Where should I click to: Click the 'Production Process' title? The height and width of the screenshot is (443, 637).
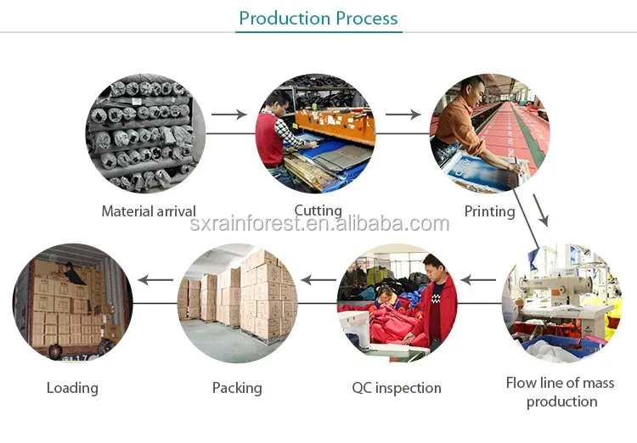[x=318, y=19]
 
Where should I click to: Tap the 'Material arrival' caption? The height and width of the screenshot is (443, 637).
[x=149, y=211]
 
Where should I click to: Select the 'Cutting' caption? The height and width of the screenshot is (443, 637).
[x=318, y=210]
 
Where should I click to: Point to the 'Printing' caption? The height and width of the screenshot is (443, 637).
[x=489, y=211]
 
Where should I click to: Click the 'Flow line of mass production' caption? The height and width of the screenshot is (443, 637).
[x=561, y=392]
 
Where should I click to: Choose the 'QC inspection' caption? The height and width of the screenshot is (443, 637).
[x=397, y=388]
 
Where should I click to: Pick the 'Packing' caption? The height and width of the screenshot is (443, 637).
[x=237, y=388]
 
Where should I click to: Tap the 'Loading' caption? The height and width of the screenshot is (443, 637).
[x=72, y=388]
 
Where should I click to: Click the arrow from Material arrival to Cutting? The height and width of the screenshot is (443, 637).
[x=229, y=115]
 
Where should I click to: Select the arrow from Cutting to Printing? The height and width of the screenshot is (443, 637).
[x=403, y=115]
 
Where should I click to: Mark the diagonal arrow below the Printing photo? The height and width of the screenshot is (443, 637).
[x=541, y=210]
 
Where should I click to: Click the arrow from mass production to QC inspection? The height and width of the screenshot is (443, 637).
[x=478, y=280]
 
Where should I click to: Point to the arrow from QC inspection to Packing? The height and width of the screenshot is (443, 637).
[x=318, y=280]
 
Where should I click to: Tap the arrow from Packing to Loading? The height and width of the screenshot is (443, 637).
[x=155, y=280]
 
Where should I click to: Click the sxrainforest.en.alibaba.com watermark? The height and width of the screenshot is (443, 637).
[x=319, y=224]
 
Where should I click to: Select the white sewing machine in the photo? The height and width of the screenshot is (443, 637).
[x=556, y=289]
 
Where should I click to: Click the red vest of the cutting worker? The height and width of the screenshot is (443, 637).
[x=269, y=139]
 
